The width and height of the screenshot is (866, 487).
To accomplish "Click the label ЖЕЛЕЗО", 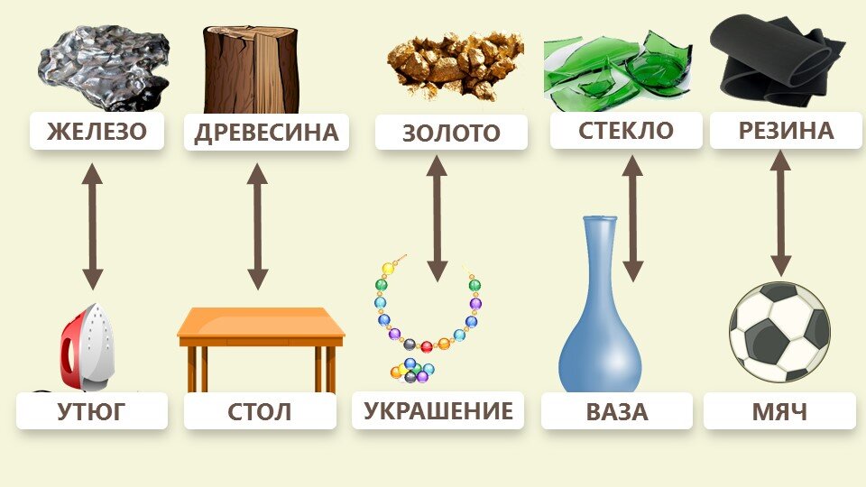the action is tap(97, 132).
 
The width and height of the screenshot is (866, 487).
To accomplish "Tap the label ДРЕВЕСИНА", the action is tap(266, 133).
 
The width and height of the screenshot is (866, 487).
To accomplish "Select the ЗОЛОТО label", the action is tap(451, 133).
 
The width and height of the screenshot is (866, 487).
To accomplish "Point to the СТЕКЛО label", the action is tap(625, 130).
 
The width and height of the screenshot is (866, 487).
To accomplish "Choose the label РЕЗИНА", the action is tap(786, 131).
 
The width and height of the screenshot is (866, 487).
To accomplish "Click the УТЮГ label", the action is tap(92, 412).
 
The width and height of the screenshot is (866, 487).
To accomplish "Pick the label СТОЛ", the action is tap(260, 412).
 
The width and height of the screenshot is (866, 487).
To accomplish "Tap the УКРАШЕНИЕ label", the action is tap(438, 411).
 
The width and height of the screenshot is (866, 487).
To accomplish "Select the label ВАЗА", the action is tap(617, 412).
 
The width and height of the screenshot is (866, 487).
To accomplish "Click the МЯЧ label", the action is tap(779, 412).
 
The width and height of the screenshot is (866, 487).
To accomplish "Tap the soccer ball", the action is tap(779, 331).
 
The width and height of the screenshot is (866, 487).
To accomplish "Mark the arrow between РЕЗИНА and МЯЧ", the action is tap(780, 213).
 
